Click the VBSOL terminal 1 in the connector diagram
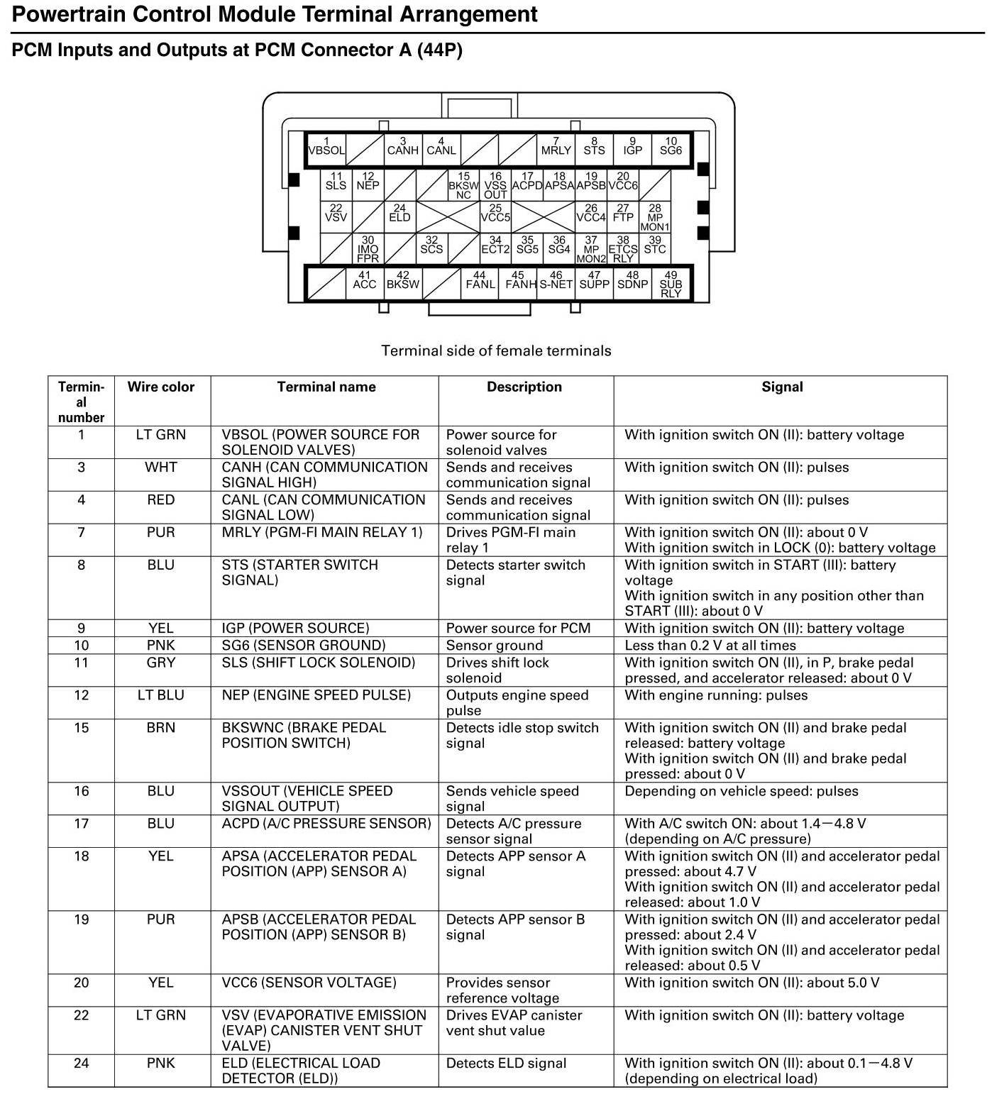click(326, 148)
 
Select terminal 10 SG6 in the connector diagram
click(671, 148)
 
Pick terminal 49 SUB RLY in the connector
click(671, 284)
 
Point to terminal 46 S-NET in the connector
click(556, 281)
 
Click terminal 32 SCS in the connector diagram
click(431, 245)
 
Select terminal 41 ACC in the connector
click(365, 281)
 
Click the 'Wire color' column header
click(161, 387)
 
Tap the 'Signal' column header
click(782, 387)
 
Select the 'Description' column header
click(524, 387)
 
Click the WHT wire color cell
click(161, 468)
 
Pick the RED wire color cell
click(161, 500)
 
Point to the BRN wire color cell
click(161, 728)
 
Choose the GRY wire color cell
click(161, 663)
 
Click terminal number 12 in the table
click(82, 695)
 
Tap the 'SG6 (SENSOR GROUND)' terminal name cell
click(304, 646)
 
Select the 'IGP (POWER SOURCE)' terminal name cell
click(295, 629)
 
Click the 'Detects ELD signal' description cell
click(507, 1063)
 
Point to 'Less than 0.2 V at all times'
click(710, 646)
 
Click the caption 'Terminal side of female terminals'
click(496, 350)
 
